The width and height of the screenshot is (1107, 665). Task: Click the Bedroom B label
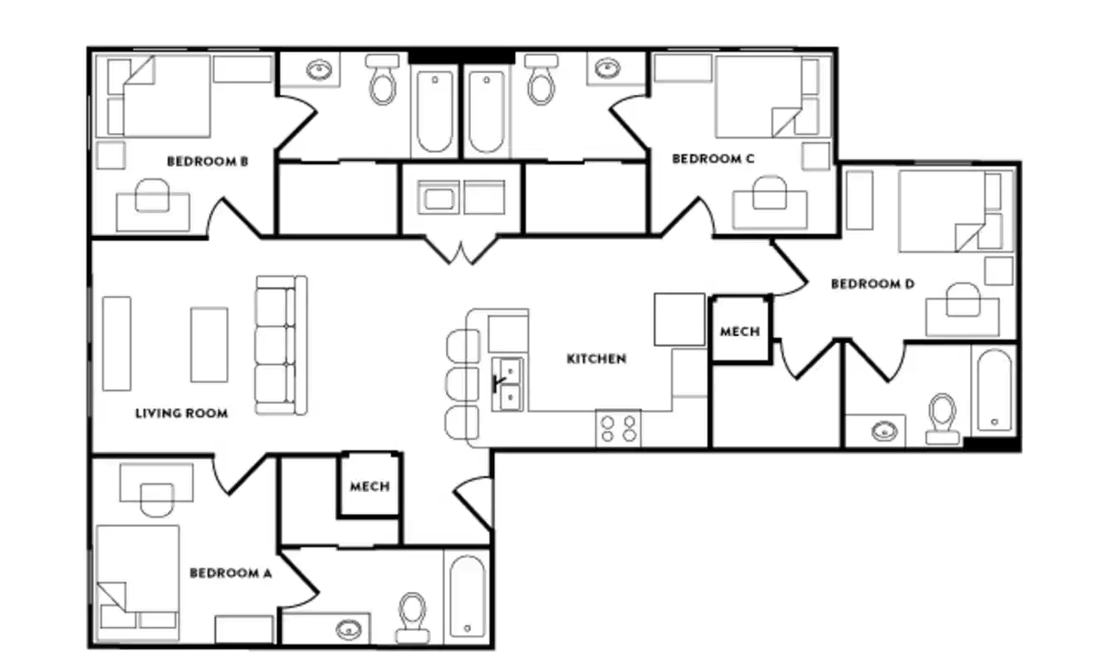[x=208, y=161]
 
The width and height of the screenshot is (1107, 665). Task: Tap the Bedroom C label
[x=713, y=159]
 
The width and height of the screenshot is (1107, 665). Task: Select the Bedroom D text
[x=872, y=284]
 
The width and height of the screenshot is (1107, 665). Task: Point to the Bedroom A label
[x=231, y=573]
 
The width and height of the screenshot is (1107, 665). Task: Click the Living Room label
[x=181, y=413]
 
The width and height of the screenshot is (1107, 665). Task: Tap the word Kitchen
[x=595, y=359]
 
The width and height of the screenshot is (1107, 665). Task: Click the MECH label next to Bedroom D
[x=739, y=332]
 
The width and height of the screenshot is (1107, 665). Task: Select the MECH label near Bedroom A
[x=370, y=486]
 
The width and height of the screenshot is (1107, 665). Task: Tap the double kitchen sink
[x=507, y=384]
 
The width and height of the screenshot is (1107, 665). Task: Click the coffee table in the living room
[x=208, y=344]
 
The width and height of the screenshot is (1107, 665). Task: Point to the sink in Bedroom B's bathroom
[x=319, y=70]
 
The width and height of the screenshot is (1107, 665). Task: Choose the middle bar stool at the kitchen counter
[x=463, y=385]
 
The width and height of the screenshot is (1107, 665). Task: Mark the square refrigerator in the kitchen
[x=678, y=319]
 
